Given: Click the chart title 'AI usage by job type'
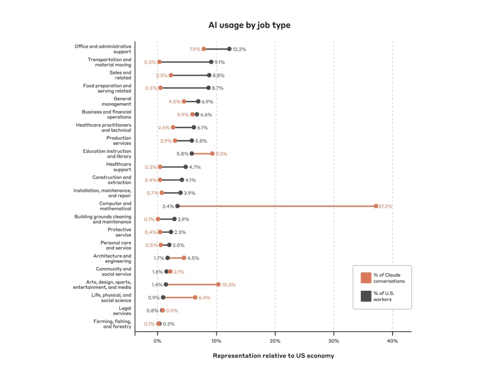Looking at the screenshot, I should click(x=249, y=25).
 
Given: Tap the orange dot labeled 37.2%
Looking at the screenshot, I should click(x=376, y=206).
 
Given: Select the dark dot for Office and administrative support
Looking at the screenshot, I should click(x=229, y=49).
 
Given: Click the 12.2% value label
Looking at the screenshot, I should click(x=239, y=49).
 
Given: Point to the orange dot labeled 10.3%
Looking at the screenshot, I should click(x=218, y=284).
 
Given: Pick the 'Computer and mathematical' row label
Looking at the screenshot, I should click(x=115, y=206).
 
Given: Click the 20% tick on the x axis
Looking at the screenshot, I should click(x=275, y=341).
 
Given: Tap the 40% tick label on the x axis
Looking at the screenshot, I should click(x=392, y=341).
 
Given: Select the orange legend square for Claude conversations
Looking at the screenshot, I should click(x=366, y=278).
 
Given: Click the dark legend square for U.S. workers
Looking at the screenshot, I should click(x=366, y=296).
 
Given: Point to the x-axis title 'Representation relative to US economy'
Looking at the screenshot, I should click(x=273, y=356).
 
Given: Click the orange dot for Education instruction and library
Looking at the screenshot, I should click(x=212, y=153).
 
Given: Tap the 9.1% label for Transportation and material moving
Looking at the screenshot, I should click(x=219, y=62).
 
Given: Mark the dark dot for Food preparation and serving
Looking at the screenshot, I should click(x=208, y=88).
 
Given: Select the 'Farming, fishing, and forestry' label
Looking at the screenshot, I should click(x=112, y=324).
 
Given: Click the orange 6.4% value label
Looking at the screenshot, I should click(x=204, y=298).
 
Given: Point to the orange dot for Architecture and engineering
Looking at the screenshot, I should click(x=184, y=258).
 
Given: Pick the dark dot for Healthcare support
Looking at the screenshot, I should click(x=185, y=167).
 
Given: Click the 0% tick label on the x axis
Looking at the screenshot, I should click(x=157, y=341).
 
